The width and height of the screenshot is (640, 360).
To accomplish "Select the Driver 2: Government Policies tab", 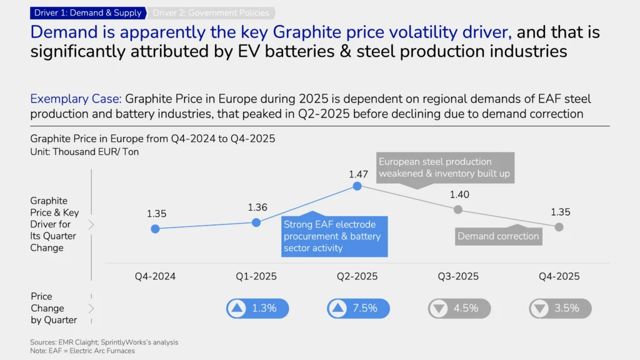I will coord(211,12).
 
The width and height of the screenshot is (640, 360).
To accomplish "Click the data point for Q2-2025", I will coord(357,186).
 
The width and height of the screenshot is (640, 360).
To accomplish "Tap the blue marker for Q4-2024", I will coord(156,229).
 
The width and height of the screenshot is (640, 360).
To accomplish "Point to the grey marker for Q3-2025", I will coord(458,209).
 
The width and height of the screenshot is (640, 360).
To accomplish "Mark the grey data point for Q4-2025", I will coord(559,227).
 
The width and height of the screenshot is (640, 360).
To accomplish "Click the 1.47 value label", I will coord(359,174).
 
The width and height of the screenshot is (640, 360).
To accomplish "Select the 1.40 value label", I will coord(459,195).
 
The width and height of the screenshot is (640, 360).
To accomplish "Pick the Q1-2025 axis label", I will coord(256,276).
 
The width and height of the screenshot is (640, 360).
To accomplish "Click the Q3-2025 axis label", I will coord(458,276).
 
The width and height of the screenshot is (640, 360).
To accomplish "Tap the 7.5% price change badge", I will coord(358,308).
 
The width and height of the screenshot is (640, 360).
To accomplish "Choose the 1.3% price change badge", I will coord(257,308).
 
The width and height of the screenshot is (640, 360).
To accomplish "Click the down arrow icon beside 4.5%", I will coord(439,308).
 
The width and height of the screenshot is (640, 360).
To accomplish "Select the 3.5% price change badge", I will coord(560,308).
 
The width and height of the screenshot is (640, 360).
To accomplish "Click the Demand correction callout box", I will coord(498,236).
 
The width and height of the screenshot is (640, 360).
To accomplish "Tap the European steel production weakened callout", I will coord(444,167).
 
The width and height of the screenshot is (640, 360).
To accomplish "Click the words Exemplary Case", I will coord(76,99).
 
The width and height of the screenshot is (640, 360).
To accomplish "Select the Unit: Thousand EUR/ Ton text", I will coord(84,152).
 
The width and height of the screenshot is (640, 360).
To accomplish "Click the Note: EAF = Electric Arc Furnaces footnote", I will coord(82,351).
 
